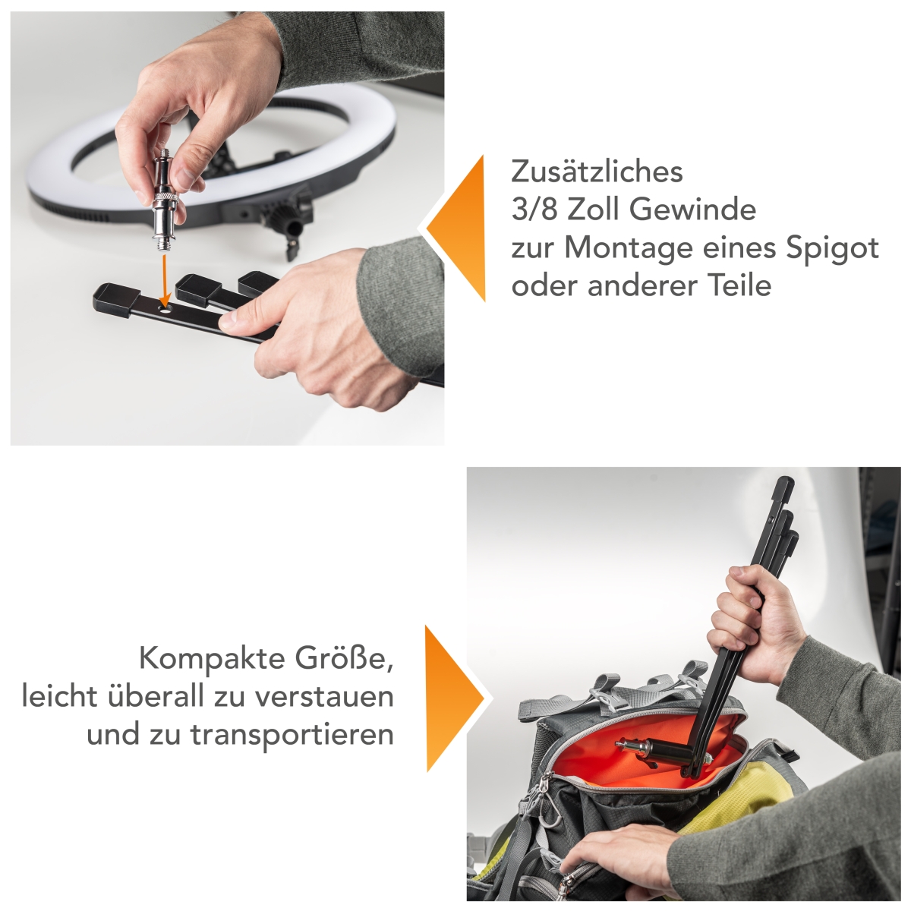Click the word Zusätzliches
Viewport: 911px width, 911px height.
[x=597, y=172]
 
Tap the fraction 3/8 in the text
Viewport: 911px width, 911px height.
[x=535, y=210]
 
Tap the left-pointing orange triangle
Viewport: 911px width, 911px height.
[x=460, y=228]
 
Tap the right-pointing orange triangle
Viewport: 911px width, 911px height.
[x=451, y=698]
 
